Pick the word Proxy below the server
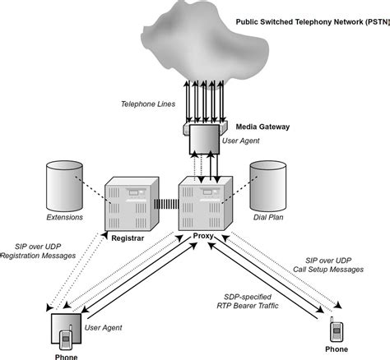203,236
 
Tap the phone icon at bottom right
336,330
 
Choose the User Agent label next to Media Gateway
241,142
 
